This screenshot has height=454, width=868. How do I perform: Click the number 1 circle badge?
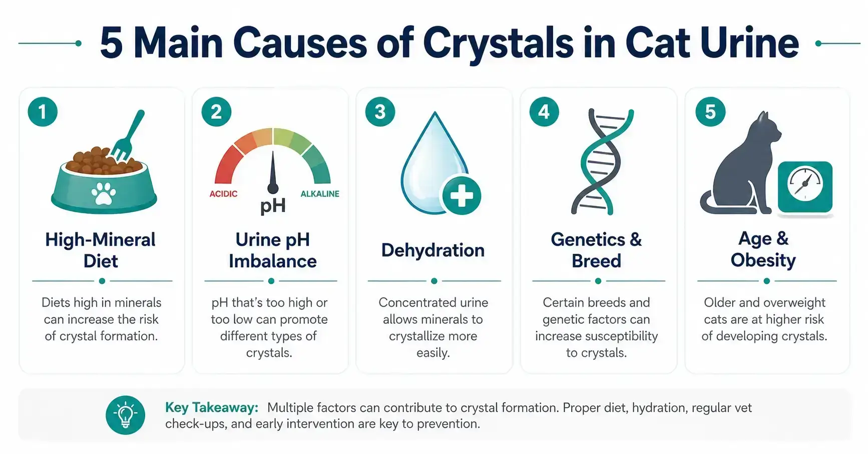coord(43,112)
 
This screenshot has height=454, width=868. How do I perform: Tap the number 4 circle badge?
coord(544,112)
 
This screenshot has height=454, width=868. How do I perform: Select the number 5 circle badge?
coord(710,112)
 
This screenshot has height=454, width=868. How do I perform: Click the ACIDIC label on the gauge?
coord(223,194)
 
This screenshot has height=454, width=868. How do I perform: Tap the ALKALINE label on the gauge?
coord(320,194)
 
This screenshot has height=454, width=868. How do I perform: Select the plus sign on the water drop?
coord(461,196)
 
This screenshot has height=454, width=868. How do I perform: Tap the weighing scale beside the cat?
coord(805,186)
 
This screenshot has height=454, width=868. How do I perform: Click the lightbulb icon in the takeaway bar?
coord(125,415)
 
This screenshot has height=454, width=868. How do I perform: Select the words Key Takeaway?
coord(211,407)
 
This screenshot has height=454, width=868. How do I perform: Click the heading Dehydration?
coord(433,250)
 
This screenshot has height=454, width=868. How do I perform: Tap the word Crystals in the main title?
coord(498,44)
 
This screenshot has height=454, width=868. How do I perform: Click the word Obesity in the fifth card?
coord(763,260)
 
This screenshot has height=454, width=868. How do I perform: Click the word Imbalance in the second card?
coord(273,261)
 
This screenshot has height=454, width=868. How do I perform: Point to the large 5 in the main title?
coord(111,44)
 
